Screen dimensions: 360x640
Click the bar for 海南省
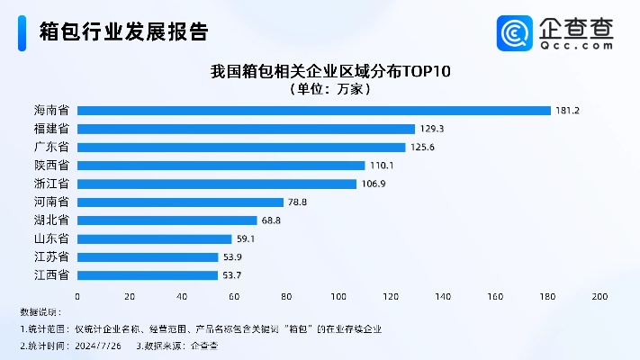point(313,111)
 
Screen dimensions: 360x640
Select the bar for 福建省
point(246,129)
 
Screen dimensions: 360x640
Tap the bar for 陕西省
point(221,166)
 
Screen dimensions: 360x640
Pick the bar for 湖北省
point(167,220)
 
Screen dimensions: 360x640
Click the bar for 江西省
point(148,275)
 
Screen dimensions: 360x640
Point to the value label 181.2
point(569,111)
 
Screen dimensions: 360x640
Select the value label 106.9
point(374,184)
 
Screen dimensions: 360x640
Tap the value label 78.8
point(298,202)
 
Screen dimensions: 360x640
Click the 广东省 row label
point(52,148)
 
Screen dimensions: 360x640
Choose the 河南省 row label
point(52,202)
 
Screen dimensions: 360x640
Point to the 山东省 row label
point(52,238)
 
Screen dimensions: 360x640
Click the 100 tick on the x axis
point(338,296)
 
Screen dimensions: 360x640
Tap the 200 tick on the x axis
point(599,296)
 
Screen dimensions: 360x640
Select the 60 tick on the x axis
point(234,296)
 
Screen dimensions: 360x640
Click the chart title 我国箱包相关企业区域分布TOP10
point(329,70)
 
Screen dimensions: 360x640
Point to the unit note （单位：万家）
point(329,89)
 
